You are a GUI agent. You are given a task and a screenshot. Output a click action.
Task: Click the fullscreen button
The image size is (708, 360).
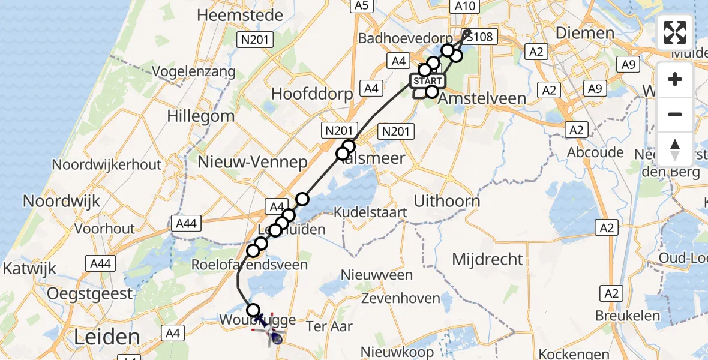[x=675, y=32]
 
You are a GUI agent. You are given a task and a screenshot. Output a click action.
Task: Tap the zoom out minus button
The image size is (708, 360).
[x=675, y=114]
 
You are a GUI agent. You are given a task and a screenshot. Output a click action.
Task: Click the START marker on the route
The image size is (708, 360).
[x=428, y=81]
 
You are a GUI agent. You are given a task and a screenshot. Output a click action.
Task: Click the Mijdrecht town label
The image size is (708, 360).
[x=488, y=259]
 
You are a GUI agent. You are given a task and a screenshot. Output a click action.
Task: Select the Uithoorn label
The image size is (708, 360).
[x=447, y=201]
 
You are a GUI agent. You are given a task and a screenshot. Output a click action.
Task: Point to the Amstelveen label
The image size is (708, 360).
[x=482, y=98]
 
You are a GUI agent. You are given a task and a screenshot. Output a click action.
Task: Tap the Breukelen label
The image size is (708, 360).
[x=628, y=316]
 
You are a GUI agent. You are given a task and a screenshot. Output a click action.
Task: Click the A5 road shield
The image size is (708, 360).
[x=361, y=5]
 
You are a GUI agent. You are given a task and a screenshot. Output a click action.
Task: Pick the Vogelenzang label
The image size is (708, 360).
[x=193, y=71]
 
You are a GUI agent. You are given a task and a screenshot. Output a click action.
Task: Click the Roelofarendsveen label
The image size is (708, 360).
[x=249, y=264]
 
